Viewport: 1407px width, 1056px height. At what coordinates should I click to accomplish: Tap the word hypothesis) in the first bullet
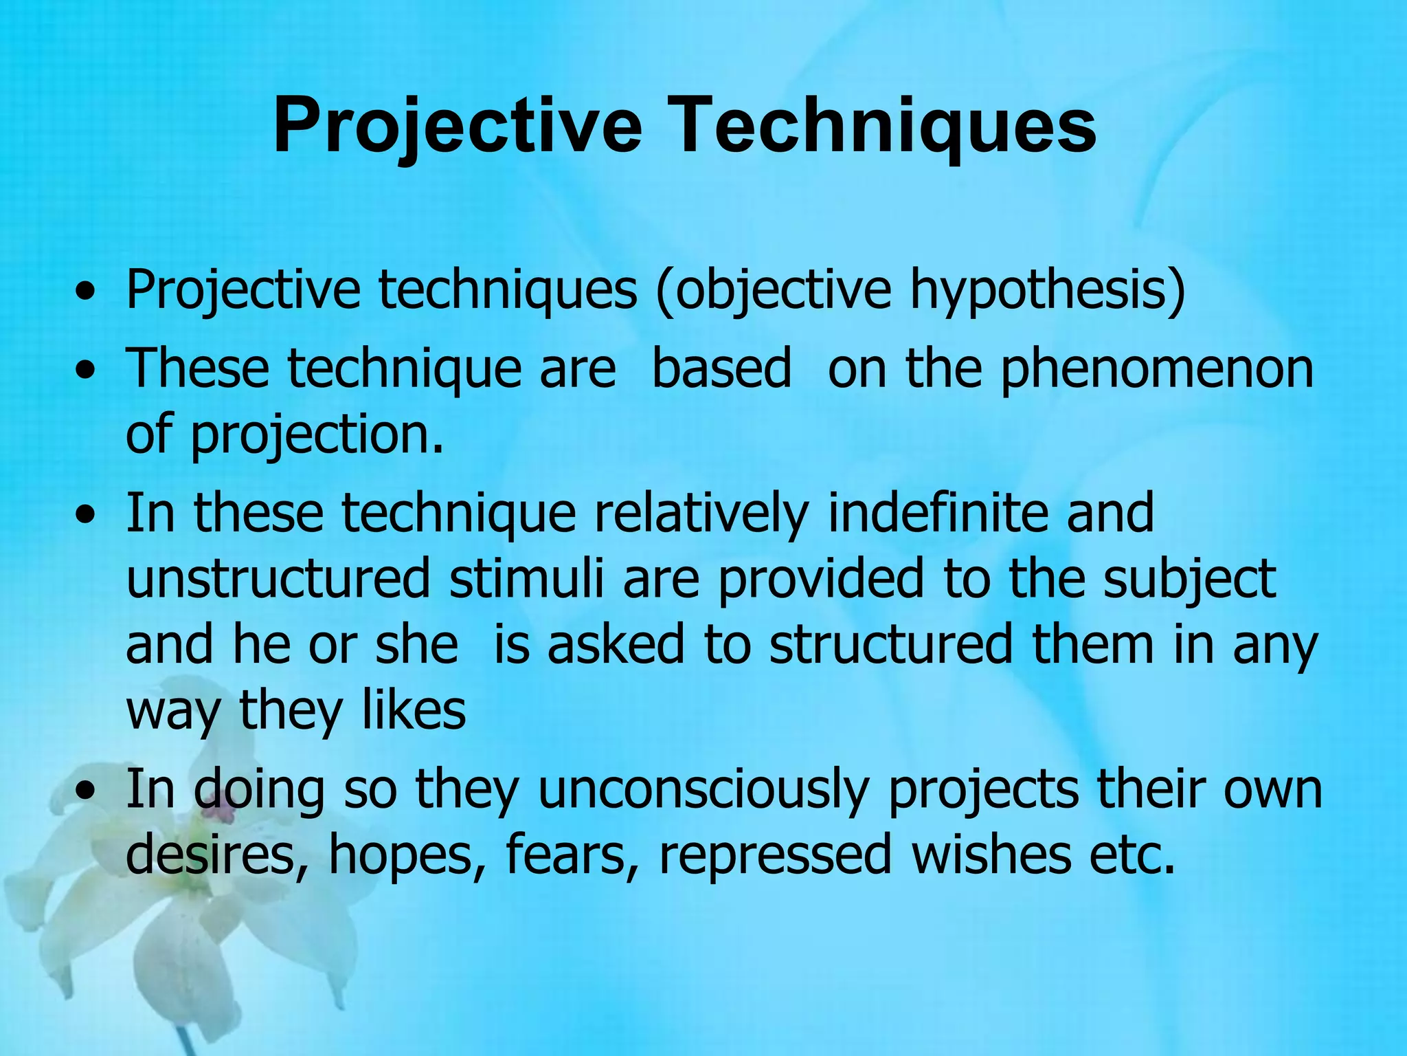1047,290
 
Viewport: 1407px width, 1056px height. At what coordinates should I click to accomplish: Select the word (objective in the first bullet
774,290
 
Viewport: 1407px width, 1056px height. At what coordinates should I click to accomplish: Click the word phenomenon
1157,369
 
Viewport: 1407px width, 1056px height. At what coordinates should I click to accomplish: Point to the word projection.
316,435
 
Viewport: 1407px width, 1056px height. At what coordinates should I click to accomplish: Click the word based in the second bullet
721,369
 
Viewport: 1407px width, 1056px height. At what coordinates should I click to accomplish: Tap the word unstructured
278,579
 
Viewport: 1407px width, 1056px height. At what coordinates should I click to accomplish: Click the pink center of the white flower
218,815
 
